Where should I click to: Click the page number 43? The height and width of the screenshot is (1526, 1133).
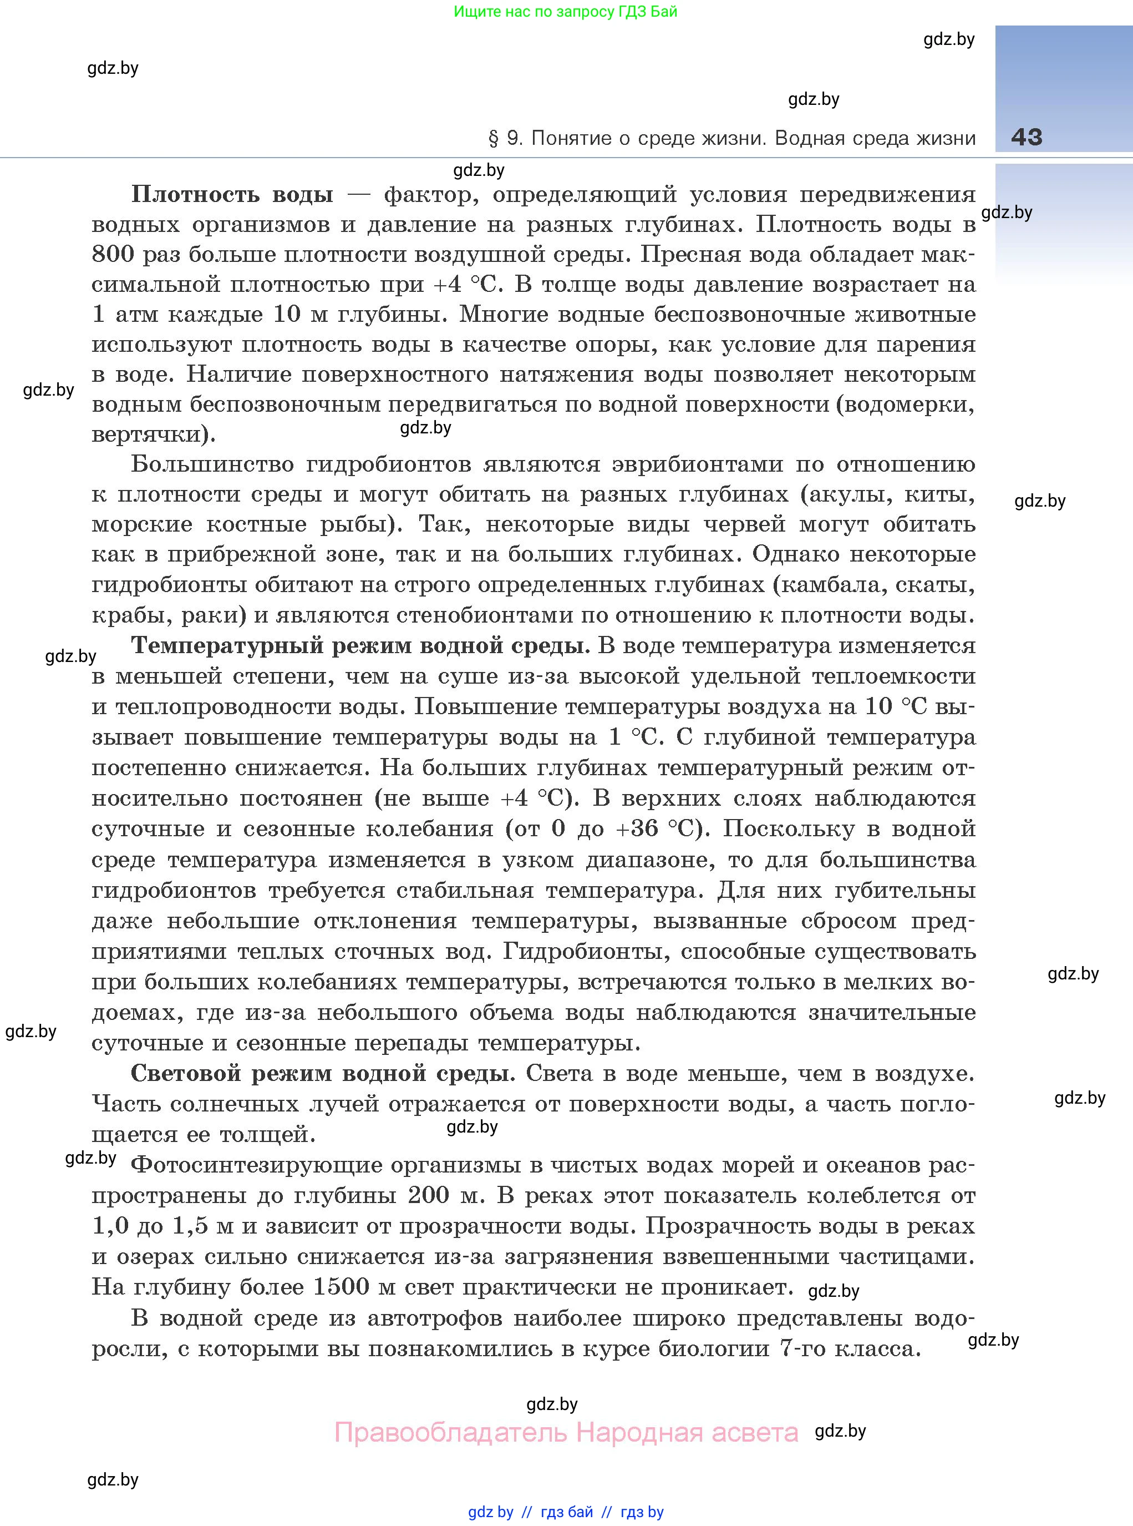1026,137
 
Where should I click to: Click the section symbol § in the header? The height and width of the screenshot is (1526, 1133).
493,139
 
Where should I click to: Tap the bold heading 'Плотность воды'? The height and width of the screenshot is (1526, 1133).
232,195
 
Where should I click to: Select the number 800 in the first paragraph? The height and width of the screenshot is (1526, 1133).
113,255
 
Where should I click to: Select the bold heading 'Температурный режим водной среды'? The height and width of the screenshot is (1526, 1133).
359,646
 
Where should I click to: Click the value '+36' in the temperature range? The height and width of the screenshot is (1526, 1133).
637,829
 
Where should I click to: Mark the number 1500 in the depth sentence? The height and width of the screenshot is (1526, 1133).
341,1286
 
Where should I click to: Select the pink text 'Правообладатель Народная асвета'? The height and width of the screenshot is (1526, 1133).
566,1433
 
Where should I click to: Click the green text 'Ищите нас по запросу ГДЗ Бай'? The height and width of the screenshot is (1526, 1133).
565,12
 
